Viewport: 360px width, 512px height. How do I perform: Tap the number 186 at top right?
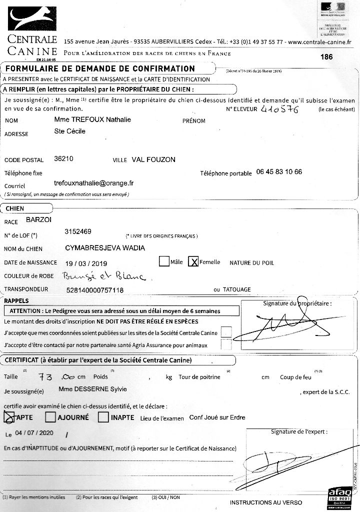326,57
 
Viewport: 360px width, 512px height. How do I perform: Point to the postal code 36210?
63,159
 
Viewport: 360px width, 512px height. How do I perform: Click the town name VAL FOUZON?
153,159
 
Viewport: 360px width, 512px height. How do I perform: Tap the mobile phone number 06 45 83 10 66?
279,171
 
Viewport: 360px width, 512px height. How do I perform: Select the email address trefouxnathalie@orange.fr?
93,183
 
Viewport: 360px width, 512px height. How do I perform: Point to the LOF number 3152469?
78,231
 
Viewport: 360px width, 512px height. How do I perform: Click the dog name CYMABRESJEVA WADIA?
105,247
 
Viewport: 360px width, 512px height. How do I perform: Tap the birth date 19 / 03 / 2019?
86,262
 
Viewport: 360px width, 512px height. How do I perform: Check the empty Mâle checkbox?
164,261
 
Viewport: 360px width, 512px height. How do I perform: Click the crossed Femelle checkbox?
193,261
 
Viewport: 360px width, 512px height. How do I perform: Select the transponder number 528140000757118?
95,289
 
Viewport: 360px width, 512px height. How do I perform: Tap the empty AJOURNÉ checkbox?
50,416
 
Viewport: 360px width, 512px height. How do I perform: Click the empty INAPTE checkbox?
103,416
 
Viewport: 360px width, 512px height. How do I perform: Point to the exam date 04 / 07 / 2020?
34,433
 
